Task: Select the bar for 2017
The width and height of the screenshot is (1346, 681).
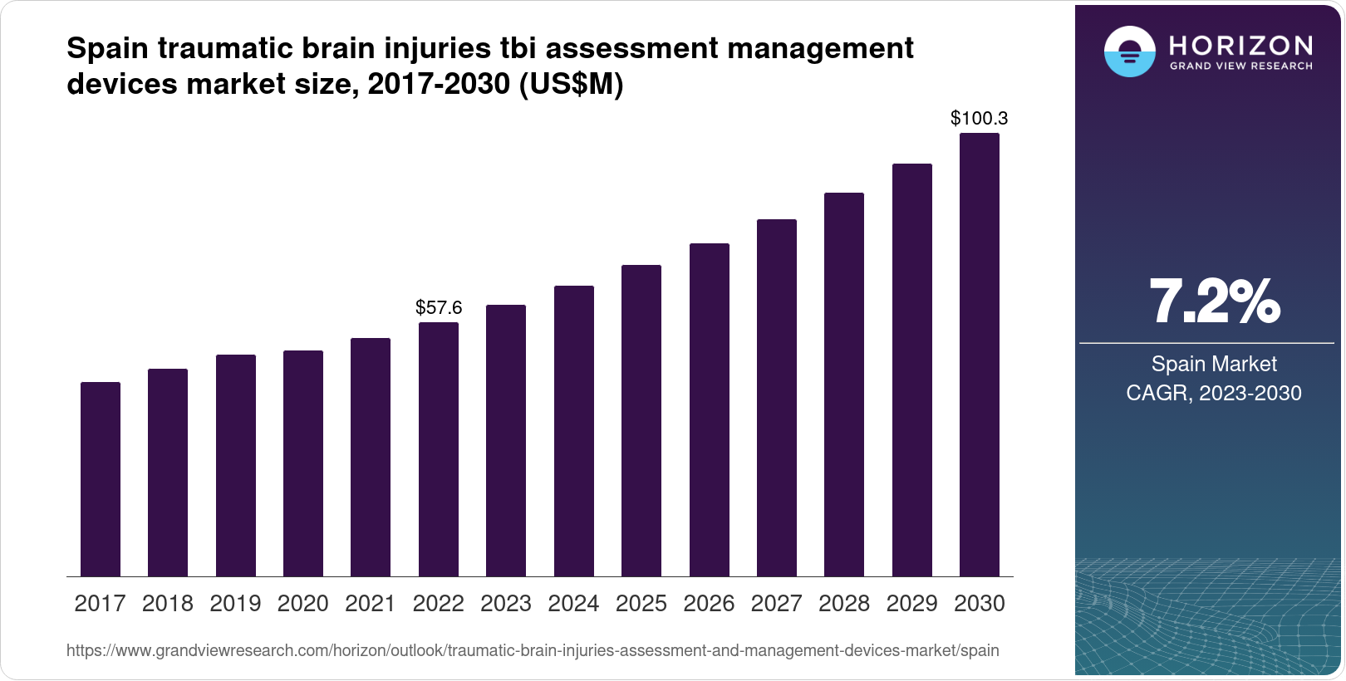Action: click(x=101, y=479)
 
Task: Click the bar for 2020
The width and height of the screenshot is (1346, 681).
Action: click(x=303, y=463)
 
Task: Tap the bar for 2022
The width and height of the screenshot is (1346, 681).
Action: click(x=439, y=449)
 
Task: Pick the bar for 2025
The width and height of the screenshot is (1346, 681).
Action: click(x=641, y=420)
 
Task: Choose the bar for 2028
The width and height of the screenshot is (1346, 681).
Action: click(x=844, y=385)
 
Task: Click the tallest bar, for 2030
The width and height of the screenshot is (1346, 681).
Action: click(x=980, y=355)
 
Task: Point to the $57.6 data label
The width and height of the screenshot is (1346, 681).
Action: click(x=439, y=308)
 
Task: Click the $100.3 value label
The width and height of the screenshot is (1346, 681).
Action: click(x=980, y=118)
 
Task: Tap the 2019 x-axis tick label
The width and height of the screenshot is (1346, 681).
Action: click(x=235, y=604)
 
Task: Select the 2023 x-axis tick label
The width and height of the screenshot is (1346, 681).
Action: click(x=506, y=604)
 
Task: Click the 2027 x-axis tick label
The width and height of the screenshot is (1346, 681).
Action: click(x=777, y=604)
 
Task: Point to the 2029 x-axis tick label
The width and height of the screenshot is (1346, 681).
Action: click(x=912, y=604)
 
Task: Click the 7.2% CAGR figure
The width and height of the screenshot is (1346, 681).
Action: click(x=1214, y=301)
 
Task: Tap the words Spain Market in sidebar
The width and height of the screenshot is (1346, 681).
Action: click(x=1214, y=364)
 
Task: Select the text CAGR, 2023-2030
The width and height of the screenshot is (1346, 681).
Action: click(x=1214, y=393)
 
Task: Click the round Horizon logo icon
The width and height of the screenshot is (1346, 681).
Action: click(x=1129, y=52)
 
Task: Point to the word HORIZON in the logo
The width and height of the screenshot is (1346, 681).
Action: click(x=1241, y=45)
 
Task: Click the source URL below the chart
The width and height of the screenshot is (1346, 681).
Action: click(x=533, y=650)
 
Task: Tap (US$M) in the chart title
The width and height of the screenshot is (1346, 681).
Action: click(x=571, y=85)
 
